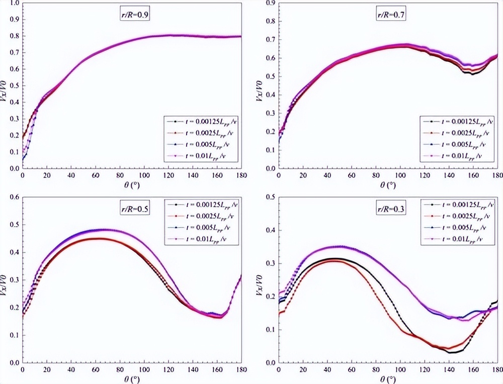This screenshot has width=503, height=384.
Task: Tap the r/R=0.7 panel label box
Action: [x=392, y=15]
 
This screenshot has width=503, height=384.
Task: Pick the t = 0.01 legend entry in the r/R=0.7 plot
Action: [x=459, y=156]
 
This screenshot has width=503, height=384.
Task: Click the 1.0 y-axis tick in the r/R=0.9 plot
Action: [x=14, y=4]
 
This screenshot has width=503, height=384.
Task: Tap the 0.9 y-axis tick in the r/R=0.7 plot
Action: [x=270, y=4]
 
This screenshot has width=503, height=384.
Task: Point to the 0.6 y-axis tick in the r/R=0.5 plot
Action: [x=14, y=197]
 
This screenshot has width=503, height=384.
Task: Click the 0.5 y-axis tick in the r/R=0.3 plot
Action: [x=270, y=197]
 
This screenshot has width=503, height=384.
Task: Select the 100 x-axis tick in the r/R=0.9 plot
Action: [x=144, y=175]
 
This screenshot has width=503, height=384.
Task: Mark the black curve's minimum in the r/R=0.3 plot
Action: [x=451, y=352]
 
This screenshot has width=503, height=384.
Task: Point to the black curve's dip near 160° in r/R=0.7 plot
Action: [x=472, y=74]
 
